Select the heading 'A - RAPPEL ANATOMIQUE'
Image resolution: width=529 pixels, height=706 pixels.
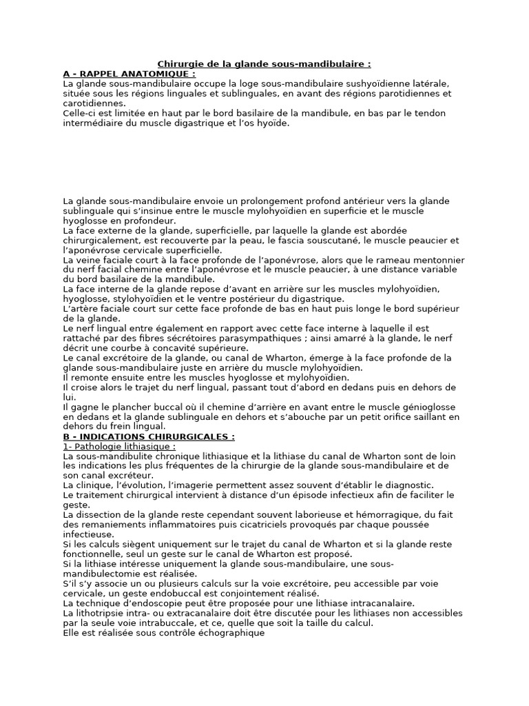129,73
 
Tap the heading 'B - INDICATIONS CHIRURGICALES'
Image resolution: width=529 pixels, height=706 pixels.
148,436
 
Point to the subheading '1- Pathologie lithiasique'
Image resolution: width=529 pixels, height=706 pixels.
118,446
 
